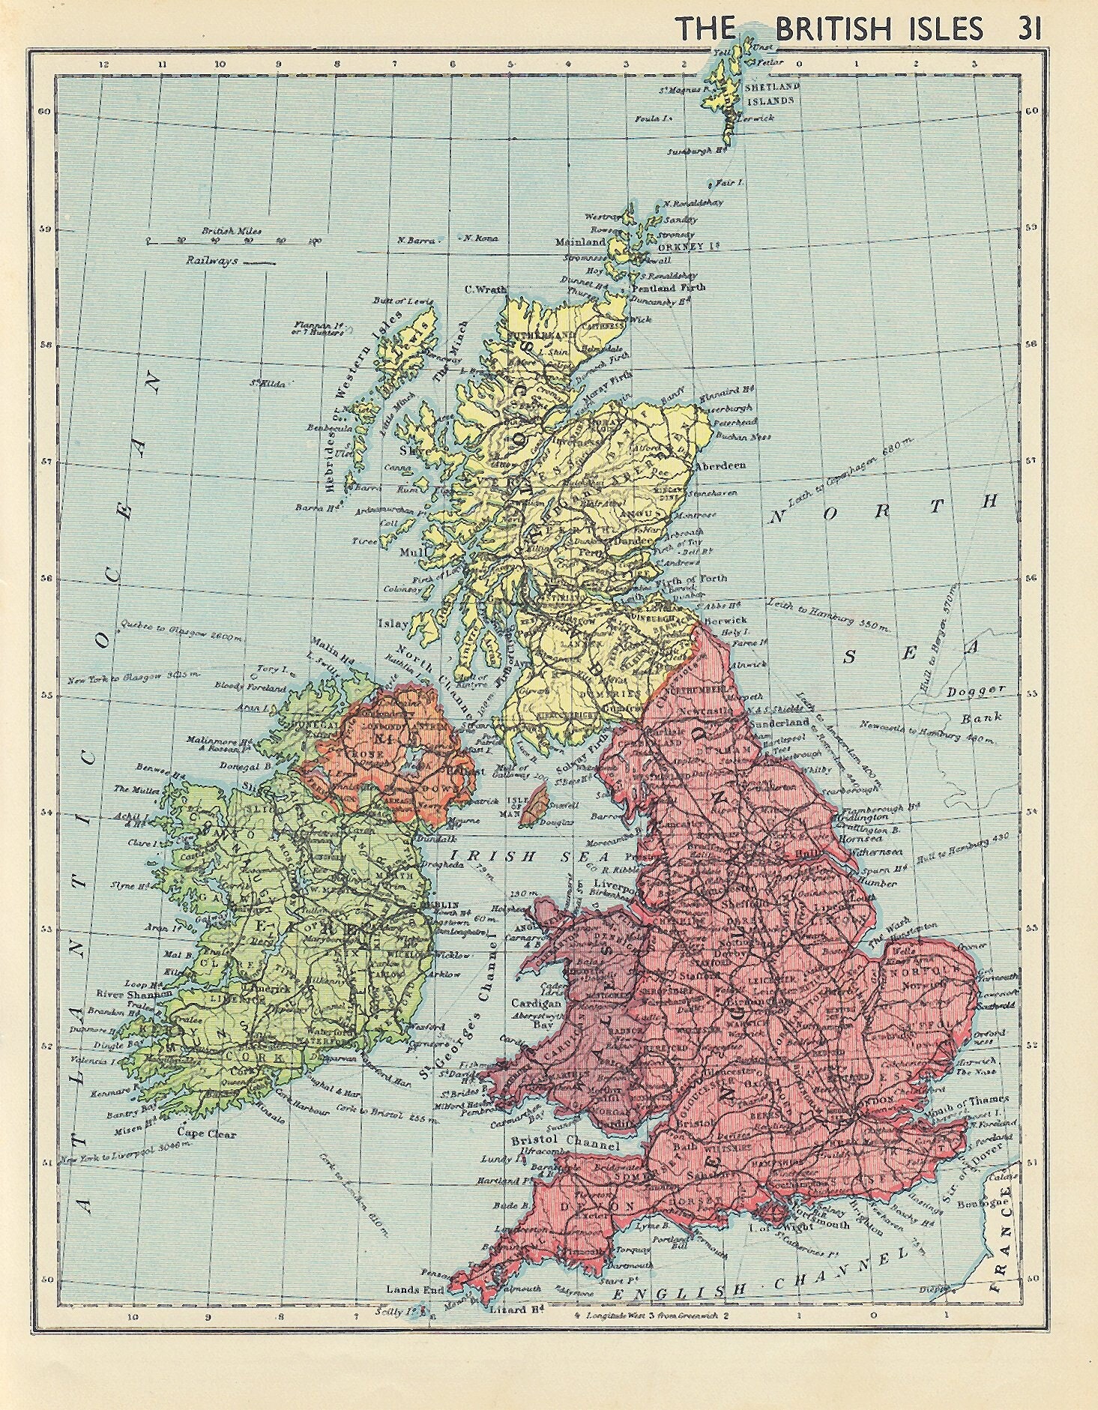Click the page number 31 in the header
click(1028, 28)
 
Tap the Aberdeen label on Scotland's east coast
click(721, 466)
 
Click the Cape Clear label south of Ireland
click(206, 1133)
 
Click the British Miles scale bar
click(233, 241)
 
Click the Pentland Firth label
click(664, 287)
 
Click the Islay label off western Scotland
click(397, 623)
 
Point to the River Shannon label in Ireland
click(126, 994)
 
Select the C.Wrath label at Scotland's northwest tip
click(486, 289)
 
